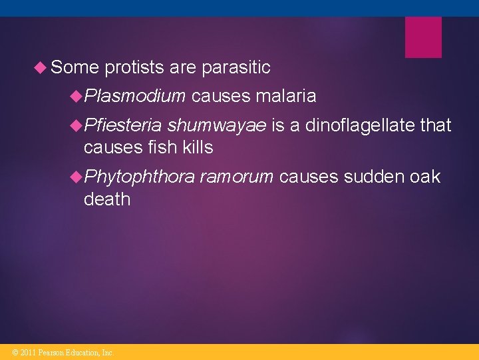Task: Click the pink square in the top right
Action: (423, 37)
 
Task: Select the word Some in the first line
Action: (75, 67)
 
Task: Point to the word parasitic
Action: (236, 67)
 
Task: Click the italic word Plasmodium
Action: (135, 97)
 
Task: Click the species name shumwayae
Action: (217, 125)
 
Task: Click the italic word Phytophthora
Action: (140, 177)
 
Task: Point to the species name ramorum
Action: (237, 177)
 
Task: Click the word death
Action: (107, 199)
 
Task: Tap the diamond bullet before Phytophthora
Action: (77, 177)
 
